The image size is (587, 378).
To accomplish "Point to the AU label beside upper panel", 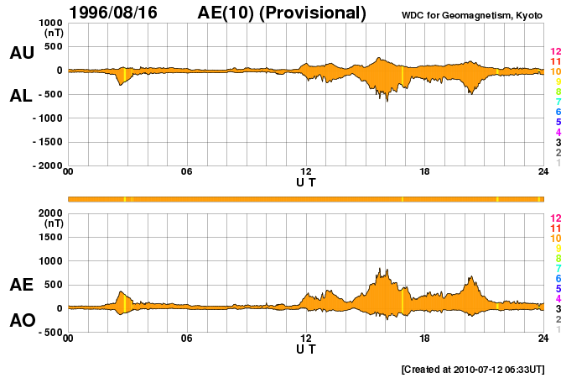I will pos(22,53).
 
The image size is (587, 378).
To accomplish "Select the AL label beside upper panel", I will pos(22,96).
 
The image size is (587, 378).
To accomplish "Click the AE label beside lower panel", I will pos(22,285).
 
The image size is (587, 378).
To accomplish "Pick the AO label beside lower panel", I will pos(22,321).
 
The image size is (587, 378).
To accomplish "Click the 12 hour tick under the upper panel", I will pos(306,172).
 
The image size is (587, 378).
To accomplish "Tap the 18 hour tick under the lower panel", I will pos(425,339).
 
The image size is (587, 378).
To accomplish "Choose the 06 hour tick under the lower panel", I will pos(187,339).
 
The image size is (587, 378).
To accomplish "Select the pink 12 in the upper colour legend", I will pos(555,52).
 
